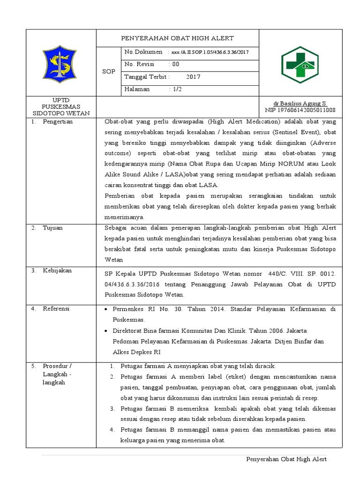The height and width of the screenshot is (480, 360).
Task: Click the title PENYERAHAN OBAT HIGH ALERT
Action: [177, 38]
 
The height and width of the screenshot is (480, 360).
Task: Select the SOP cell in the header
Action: [108, 71]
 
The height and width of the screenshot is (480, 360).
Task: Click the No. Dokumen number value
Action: [210, 52]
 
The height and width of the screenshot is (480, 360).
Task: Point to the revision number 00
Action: [175, 64]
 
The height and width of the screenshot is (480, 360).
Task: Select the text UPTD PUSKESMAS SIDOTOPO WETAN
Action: [60, 107]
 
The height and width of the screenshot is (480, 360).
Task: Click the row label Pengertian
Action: [58, 122]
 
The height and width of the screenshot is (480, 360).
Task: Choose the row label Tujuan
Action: [52, 228]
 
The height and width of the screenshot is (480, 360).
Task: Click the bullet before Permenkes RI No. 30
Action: [107, 310]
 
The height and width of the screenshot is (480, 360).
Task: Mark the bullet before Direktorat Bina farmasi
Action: [107, 331]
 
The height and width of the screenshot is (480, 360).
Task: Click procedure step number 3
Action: [112, 409]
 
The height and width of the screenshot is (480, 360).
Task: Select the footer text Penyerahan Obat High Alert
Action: [286, 459]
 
